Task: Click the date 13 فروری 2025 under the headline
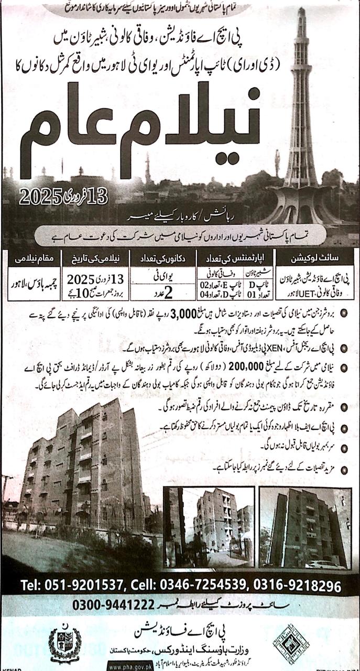(63, 196)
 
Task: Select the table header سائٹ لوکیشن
(319, 258)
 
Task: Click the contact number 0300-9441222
(113, 605)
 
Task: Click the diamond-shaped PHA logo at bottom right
(291, 643)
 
